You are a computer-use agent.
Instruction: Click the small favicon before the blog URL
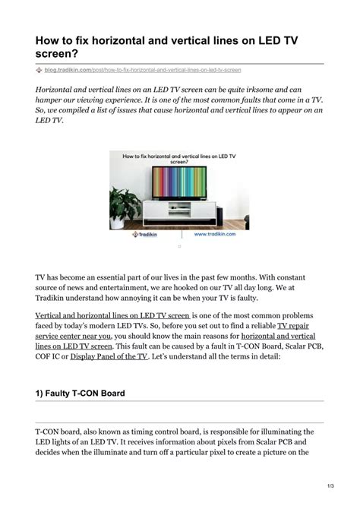coord(39,70)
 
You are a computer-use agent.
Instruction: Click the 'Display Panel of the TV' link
coord(109,356)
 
